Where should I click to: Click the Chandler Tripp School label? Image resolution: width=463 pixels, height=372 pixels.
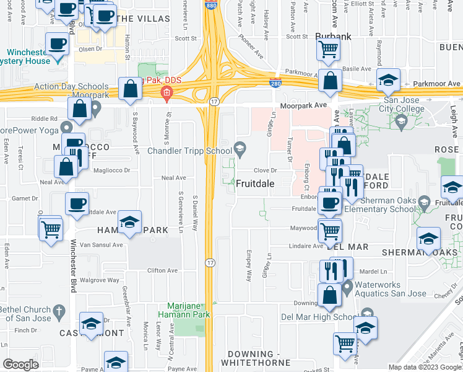(189, 151)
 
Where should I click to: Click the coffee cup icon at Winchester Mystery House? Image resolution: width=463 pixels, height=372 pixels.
(58, 45)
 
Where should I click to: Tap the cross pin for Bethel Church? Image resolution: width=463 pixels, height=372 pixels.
(59, 311)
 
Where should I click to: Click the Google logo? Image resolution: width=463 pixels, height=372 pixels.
(20, 365)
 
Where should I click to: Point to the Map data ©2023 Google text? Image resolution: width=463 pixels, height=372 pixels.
(424, 367)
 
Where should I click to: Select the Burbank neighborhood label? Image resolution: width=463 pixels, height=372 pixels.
(333, 37)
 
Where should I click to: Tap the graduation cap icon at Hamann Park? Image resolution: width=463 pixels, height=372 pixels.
(130, 221)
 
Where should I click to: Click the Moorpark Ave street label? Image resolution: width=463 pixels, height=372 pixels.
(303, 106)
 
